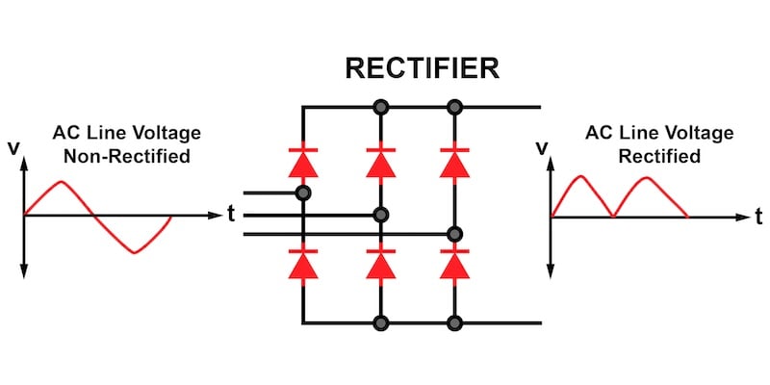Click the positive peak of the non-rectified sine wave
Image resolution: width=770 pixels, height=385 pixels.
pos(61,182)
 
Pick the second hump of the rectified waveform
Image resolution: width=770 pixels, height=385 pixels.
pos(648,179)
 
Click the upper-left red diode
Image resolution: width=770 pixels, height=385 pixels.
pos(303,163)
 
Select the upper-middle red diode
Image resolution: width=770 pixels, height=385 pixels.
pos(381,163)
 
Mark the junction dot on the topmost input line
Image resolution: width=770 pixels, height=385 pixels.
pos(303,193)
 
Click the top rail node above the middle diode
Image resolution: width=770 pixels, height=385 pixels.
pos(381,106)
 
